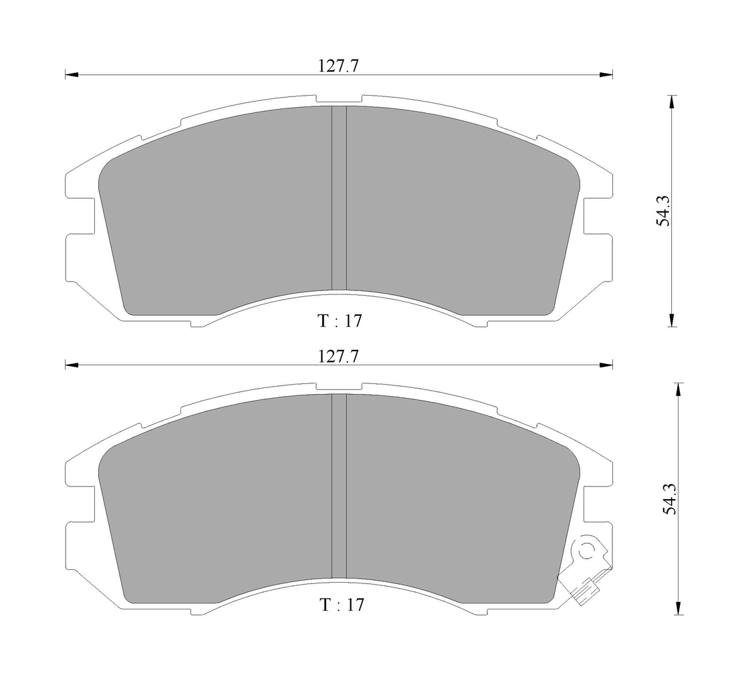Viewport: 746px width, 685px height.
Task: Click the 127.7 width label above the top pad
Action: coord(338,66)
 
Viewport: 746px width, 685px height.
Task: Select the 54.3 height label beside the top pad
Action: coord(663,211)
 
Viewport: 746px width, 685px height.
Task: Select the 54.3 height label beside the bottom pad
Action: coord(670,498)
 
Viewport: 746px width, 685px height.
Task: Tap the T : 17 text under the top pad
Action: coord(340,321)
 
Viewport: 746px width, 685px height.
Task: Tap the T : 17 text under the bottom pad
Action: coord(342,605)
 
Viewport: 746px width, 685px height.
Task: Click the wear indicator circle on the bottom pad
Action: coord(588,550)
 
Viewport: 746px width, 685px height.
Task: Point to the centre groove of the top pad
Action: coord(339,197)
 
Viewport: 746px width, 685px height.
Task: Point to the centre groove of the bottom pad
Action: coord(339,486)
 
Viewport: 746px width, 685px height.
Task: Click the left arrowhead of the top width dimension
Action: coord(72,75)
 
